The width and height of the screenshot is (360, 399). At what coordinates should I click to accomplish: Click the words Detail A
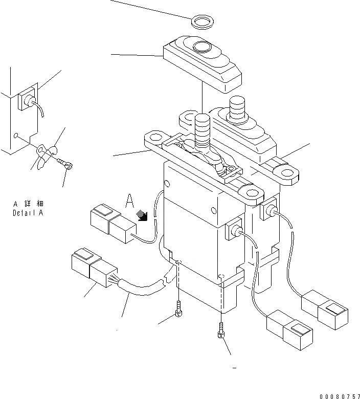point(28,213)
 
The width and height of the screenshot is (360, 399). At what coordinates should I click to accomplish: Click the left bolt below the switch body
point(178,308)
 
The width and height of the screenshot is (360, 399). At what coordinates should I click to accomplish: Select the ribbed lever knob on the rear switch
point(237,107)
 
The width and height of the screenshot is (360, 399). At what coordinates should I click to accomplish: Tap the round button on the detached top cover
point(201,47)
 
